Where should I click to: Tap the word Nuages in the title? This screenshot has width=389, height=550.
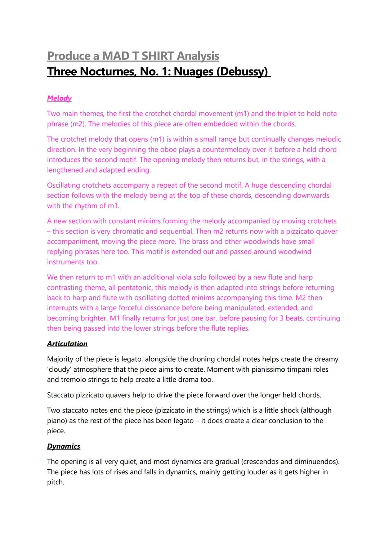click(x=193, y=71)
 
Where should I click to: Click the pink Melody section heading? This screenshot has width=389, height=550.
click(x=59, y=98)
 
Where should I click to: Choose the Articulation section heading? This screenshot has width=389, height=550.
click(x=67, y=344)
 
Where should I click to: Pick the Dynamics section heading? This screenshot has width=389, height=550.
click(x=64, y=446)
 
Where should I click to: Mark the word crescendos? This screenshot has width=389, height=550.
click(x=260, y=462)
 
